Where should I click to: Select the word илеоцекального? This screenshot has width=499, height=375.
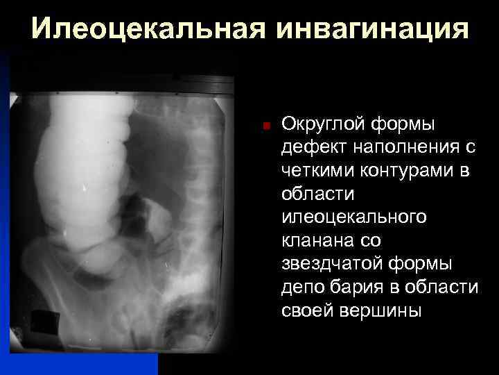[x=354, y=218]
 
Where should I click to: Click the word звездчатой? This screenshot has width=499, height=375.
[x=330, y=265]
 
